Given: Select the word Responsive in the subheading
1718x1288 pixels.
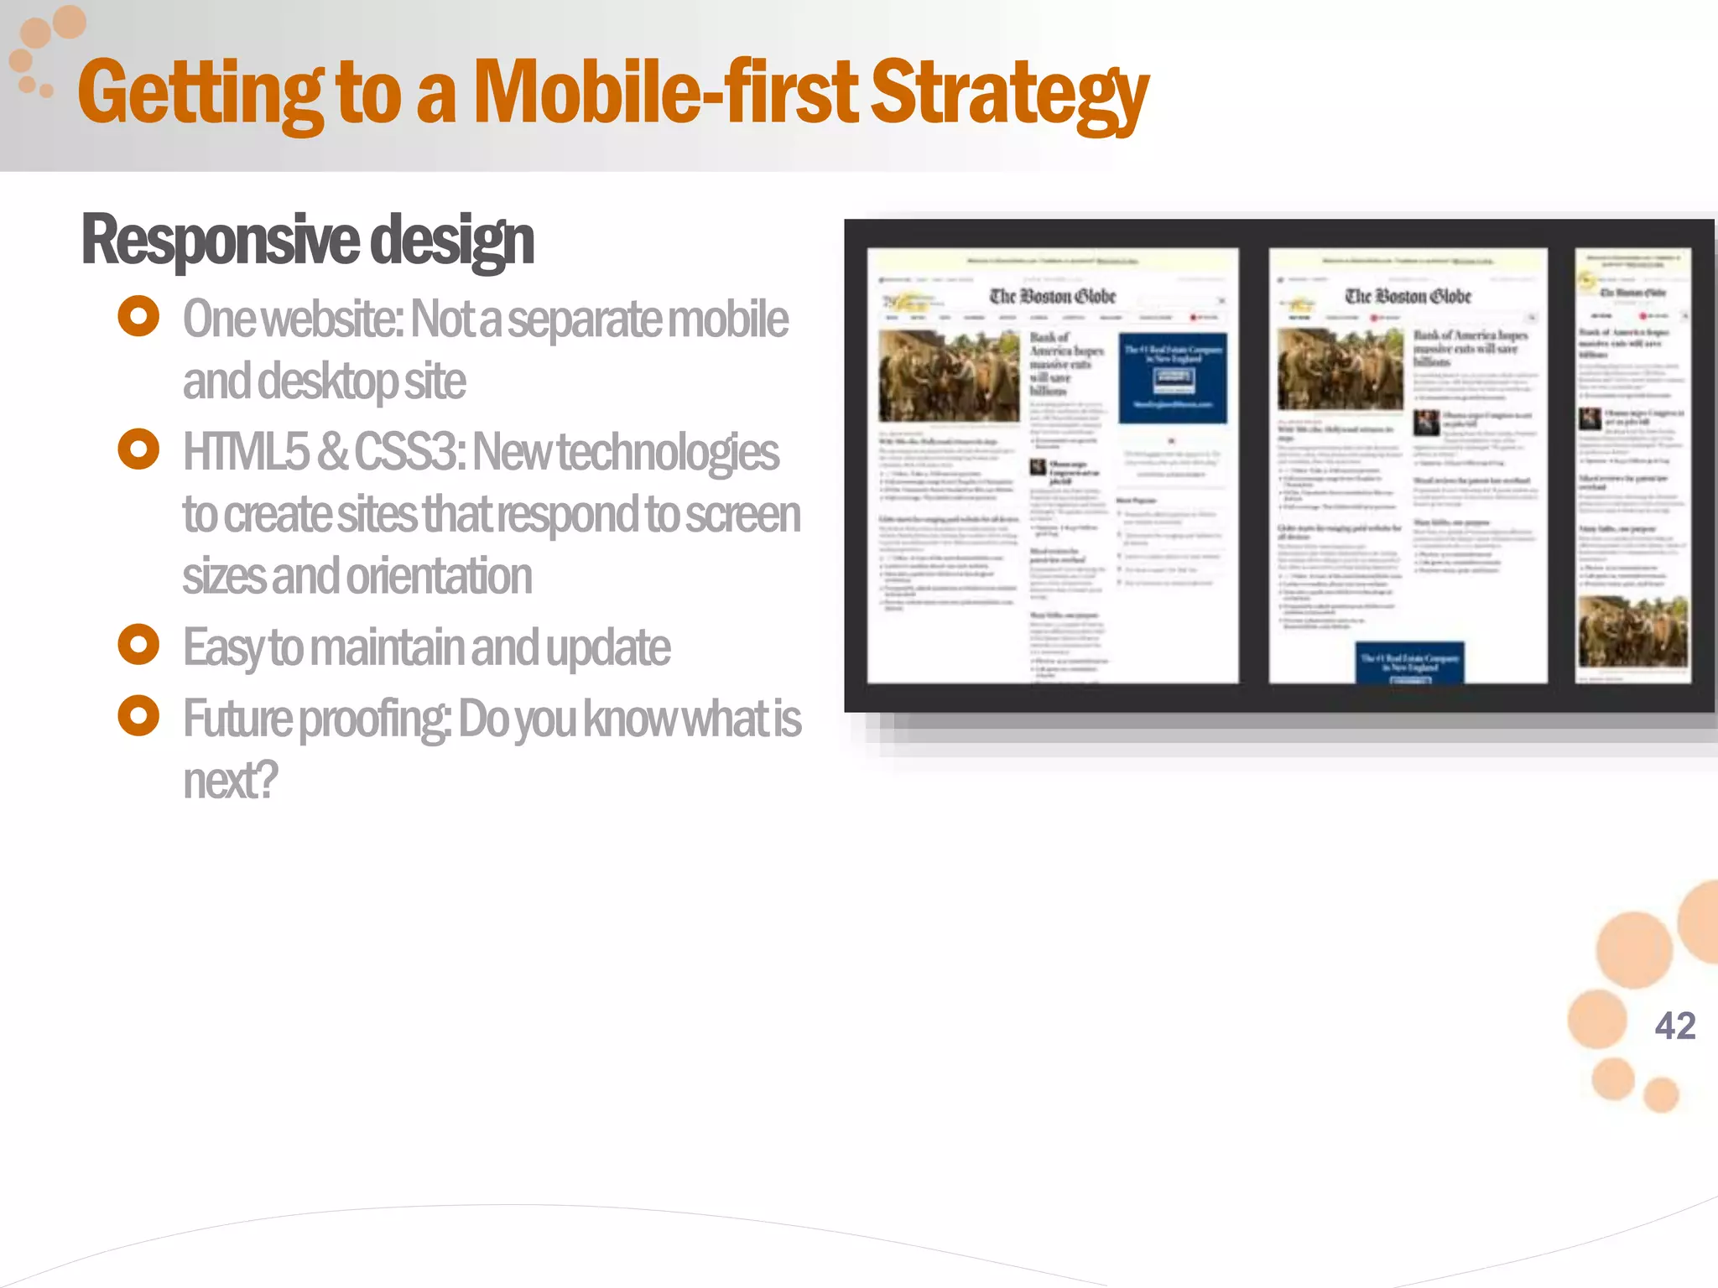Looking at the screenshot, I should tap(221, 240).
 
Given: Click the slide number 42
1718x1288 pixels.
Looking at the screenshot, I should tap(1674, 1026).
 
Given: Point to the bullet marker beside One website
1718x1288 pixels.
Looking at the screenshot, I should tap(138, 317).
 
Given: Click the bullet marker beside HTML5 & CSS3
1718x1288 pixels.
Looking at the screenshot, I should tap(138, 449).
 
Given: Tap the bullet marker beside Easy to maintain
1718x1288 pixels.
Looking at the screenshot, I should tap(138, 645).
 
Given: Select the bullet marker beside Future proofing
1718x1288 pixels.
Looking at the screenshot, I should tap(138, 716).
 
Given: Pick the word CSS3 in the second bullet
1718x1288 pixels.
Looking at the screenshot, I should tap(409, 452).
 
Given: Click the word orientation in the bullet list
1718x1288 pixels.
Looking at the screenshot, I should tap(440, 576).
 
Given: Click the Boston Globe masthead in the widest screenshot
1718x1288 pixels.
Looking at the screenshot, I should tap(1053, 296).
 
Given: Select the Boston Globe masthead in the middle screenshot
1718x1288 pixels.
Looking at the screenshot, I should tap(1408, 296).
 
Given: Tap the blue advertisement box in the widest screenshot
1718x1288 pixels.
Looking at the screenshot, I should tap(1173, 377).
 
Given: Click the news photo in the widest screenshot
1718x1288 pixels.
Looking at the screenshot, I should tap(949, 376).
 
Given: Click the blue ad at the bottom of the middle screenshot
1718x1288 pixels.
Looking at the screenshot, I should tap(1409, 662).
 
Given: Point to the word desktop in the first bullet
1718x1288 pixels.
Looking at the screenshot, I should tap(327, 382).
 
